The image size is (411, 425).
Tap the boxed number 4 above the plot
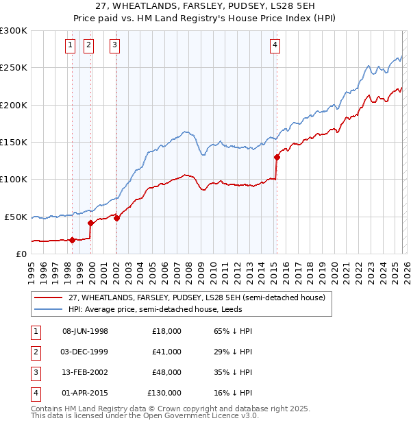tap(275, 45)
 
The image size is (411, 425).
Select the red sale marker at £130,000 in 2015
tap(277, 157)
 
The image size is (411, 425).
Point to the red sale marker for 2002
tap(116, 218)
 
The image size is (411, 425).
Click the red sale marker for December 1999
tap(90, 223)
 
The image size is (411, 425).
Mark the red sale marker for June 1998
tap(72, 240)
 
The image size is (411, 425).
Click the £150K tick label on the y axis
tap(14, 142)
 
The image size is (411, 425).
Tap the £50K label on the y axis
tap(16, 217)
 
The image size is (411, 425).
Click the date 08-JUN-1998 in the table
tap(85, 331)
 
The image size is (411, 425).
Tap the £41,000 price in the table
tap(166, 352)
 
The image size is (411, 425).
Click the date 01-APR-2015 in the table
tap(85, 393)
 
